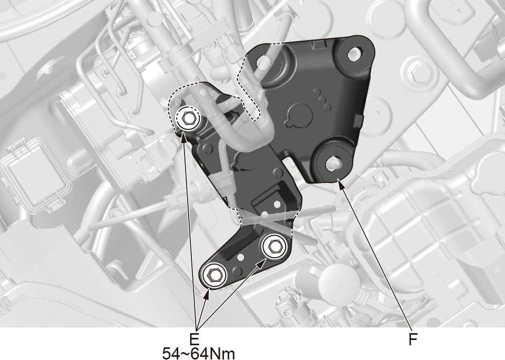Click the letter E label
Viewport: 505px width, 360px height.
click(194, 339)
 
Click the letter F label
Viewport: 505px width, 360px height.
click(413, 339)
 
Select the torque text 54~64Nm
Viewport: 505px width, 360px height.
click(198, 354)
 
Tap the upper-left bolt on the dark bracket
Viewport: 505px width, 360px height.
click(188, 119)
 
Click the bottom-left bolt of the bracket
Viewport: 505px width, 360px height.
click(213, 275)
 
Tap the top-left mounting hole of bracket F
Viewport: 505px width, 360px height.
click(264, 62)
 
